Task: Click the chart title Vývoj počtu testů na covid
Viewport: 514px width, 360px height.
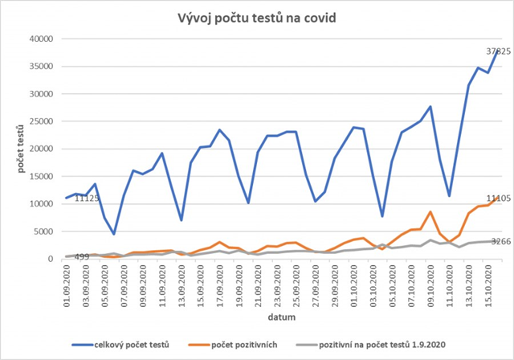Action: point(256,18)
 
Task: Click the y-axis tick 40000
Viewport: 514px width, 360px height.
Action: point(39,39)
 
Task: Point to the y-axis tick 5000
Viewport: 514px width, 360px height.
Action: point(42,231)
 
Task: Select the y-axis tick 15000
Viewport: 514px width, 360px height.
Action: point(39,176)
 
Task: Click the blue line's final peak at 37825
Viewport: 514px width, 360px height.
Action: point(498,51)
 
